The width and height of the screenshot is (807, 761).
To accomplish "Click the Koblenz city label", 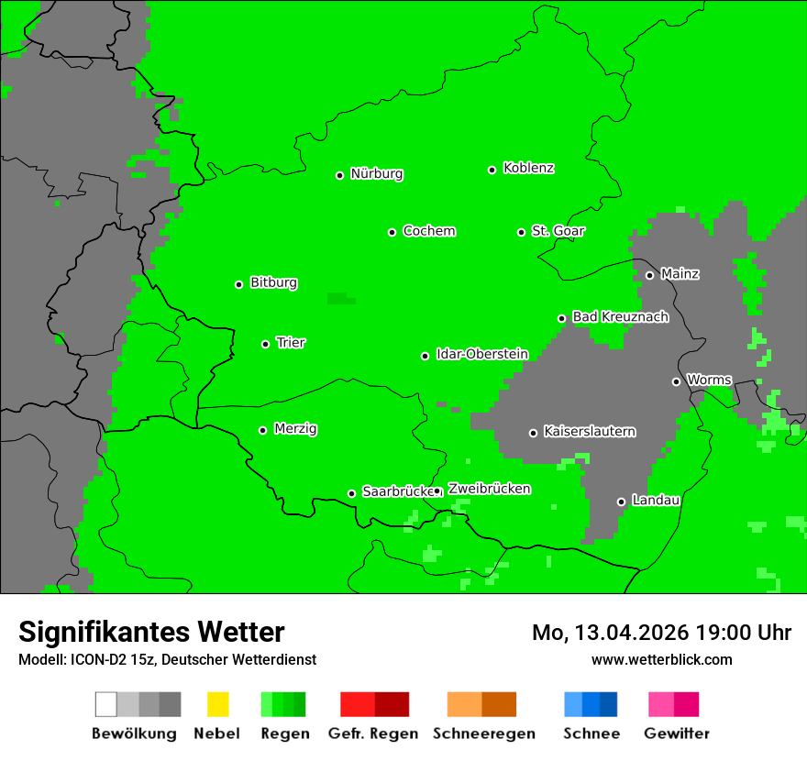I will pyautogui.click(x=528, y=169).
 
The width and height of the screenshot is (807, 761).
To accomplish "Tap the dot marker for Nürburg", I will pyautogui.click(x=339, y=175).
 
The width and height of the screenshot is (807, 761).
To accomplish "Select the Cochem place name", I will pyautogui.click(x=428, y=231).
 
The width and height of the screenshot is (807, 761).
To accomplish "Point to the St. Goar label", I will pyautogui.click(x=558, y=231).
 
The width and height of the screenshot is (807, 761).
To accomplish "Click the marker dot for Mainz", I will pyautogui.click(x=649, y=275).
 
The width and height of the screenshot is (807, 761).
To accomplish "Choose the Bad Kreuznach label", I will pyautogui.click(x=620, y=317).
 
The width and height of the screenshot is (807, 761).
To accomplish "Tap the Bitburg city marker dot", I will pyautogui.click(x=238, y=284).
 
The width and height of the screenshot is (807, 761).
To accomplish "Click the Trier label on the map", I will pyautogui.click(x=291, y=343).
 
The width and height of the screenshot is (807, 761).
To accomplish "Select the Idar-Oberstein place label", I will pyautogui.click(x=481, y=355).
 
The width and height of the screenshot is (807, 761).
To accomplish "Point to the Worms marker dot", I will pyautogui.click(x=676, y=381).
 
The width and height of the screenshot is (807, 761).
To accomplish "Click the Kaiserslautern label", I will pyautogui.click(x=589, y=432).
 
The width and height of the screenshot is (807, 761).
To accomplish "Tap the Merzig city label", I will pyautogui.click(x=295, y=429).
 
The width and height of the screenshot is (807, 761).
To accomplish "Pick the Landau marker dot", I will pyautogui.click(x=621, y=502).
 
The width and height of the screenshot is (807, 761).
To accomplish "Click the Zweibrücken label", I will pyautogui.click(x=489, y=489).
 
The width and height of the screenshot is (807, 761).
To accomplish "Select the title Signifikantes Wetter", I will pyautogui.click(x=151, y=632).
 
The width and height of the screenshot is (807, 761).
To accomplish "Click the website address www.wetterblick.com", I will pyautogui.click(x=661, y=659).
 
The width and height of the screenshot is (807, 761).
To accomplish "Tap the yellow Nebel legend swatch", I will pyautogui.click(x=217, y=704).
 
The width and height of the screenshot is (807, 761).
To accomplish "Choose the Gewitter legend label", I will pyautogui.click(x=676, y=733).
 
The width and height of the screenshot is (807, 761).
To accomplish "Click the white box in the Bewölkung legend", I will pyautogui.click(x=106, y=704).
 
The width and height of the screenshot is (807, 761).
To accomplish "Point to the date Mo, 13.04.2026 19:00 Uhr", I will pyautogui.click(x=661, y=633).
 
